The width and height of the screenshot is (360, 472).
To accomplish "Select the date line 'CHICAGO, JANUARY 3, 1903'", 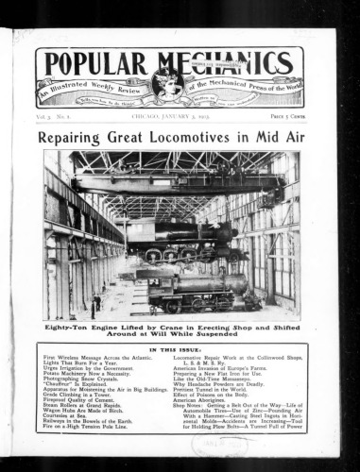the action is pos(170,114).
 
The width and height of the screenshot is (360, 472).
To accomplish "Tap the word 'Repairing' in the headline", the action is pos(71,137).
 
